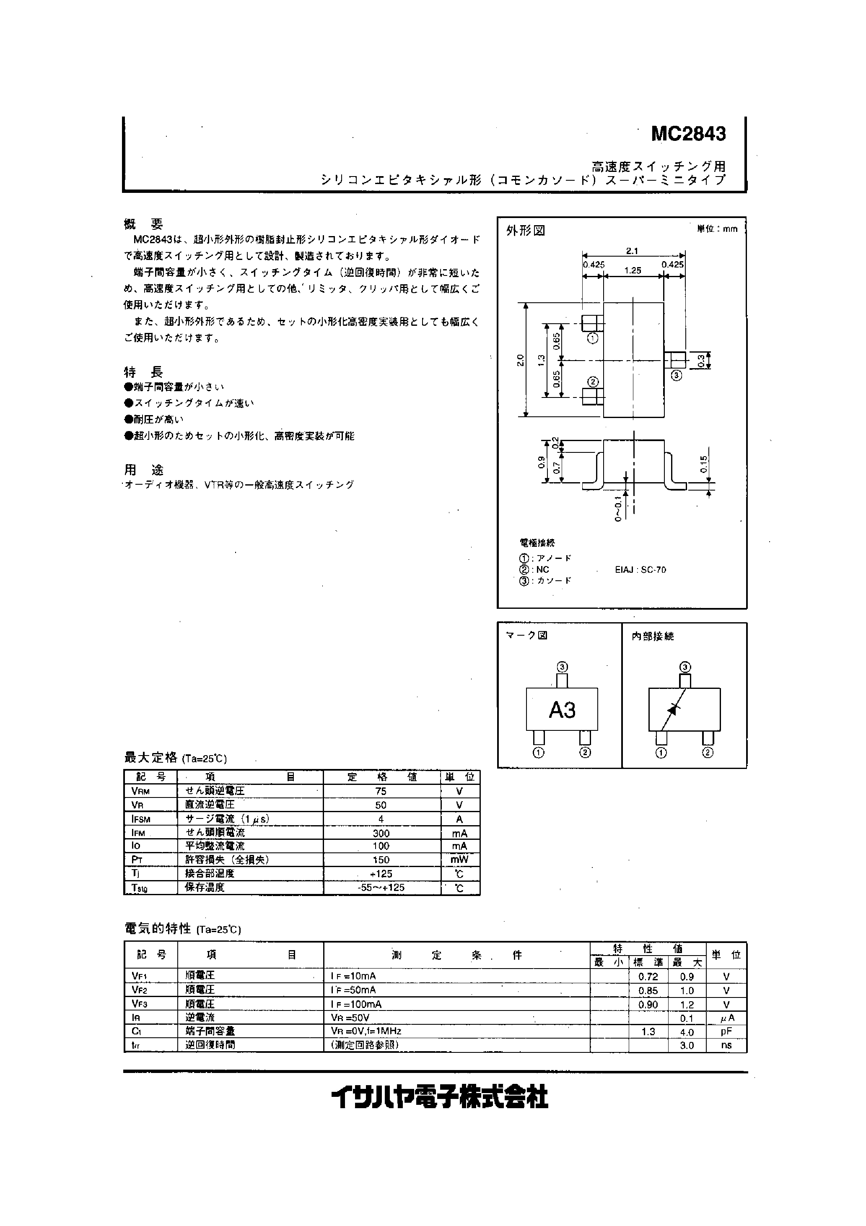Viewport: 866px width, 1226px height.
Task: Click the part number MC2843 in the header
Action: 688,134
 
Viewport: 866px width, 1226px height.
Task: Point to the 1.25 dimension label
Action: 633,271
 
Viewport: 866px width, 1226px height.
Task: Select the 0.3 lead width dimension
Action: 701,361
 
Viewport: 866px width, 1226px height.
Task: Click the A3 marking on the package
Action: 562,710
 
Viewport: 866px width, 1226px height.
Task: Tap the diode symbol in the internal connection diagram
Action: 673,709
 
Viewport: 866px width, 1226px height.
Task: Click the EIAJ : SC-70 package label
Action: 640,570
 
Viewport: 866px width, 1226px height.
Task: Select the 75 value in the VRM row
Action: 381,791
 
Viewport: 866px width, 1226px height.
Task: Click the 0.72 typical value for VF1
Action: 648,977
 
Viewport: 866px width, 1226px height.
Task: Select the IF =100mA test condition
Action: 356,1004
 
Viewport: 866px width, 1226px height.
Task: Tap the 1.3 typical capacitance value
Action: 648,1031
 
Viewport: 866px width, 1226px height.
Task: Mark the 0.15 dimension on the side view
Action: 703,464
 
